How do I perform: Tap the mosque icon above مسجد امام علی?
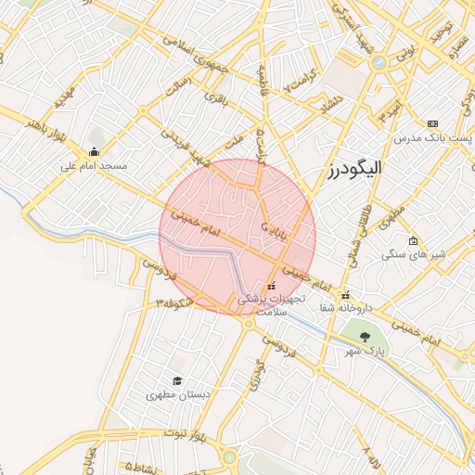(93, 152)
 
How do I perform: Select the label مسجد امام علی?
(93, 167)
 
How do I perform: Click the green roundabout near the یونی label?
(379, 63)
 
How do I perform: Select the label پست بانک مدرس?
(433, 137)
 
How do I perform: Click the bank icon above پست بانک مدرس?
(432, 123)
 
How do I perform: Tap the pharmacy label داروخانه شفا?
(345, 307)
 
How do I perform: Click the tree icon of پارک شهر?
(364, 337)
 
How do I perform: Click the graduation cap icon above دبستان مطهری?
(177, 380)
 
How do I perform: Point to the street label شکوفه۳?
(175, 303)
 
